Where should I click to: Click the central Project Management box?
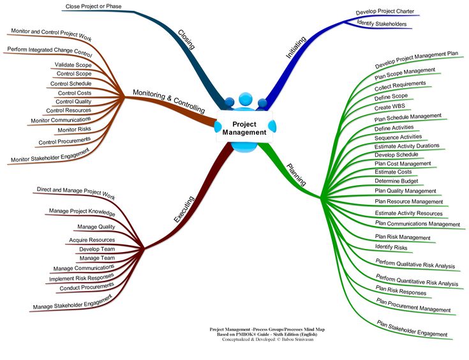(x=244, y=128)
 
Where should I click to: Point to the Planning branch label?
(x=296, y=174)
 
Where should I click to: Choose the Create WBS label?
(x=391, y=107)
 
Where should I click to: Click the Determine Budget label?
(x=396, y=181)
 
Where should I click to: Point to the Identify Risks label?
(x=391, y=246)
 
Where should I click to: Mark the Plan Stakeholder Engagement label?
(x=412, y=328)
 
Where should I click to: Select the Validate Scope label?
(x=73, y=64)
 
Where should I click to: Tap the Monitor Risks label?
(x=75, y=130)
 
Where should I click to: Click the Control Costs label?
(x=75, y=93)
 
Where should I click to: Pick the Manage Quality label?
(x=96, y=227)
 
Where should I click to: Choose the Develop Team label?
(x=97, y=249)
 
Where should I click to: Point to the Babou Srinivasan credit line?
(x=267, y=339)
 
